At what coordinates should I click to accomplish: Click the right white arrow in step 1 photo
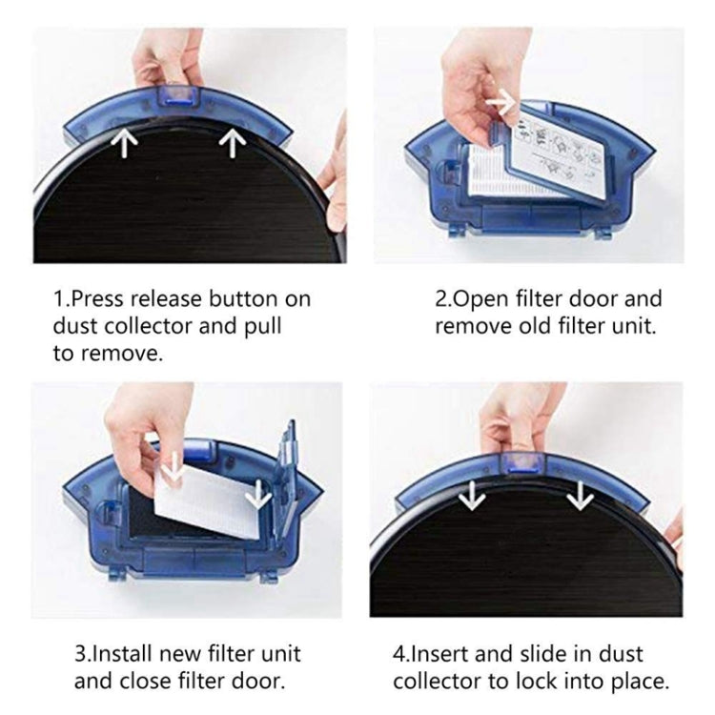coord(231,142)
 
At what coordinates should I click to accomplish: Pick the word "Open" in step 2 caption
coord(479,299)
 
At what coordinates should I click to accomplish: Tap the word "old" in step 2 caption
coord(534,326)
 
